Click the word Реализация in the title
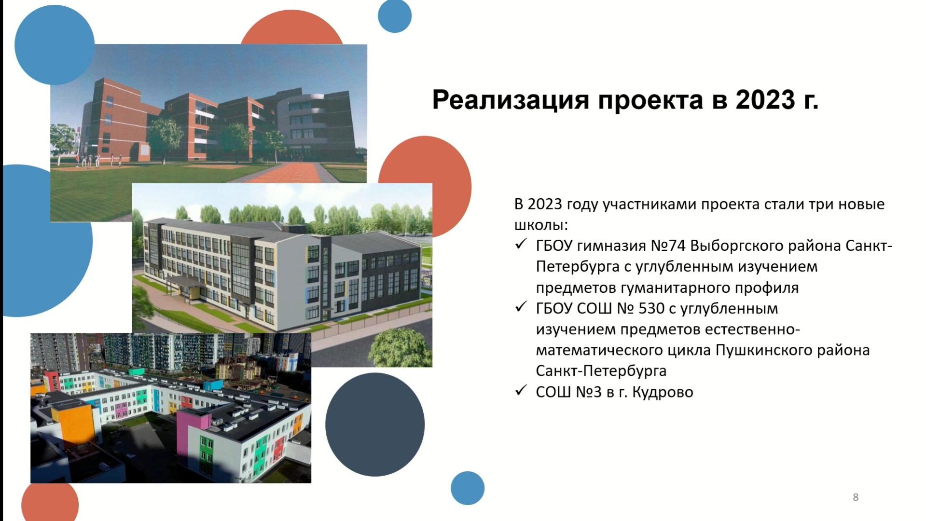tap(511, 100)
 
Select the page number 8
tap(856, 497)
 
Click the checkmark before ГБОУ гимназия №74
tap(521, 244)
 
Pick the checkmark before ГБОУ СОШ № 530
tap(521, 307)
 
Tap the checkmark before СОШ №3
tap(521, 390)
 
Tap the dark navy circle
tap(375, 425)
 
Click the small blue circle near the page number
tap(468, 488)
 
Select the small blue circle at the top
tap(395, 16)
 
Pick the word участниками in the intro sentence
tap(650, 205)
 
